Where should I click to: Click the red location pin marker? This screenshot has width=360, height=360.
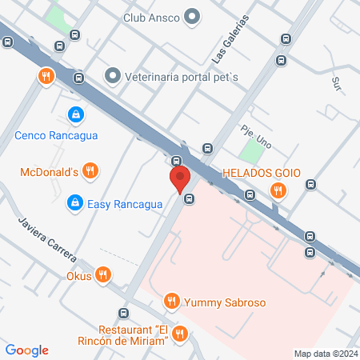tap(178, 178)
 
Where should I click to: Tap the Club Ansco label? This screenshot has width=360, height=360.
tap(151, 16)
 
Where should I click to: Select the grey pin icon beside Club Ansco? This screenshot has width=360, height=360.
tap(192, 16)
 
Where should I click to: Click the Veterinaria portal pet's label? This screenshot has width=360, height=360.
tap(182, 78)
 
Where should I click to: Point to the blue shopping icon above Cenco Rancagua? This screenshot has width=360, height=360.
tap(75, 116)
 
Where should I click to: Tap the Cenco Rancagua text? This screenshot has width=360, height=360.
tap(56, 135)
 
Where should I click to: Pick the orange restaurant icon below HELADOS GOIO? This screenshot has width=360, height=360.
tap(278, 190)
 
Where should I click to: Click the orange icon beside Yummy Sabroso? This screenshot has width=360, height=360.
tap(170, 302)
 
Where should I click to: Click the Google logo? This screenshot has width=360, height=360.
tap(27, 350)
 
